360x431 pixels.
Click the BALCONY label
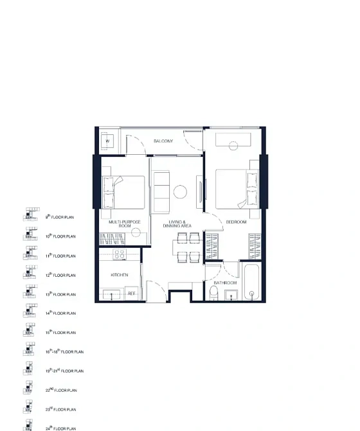(x=163, y=141)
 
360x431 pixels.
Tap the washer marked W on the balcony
(x=107, y=141)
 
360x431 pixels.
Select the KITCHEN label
(x=119, y=275)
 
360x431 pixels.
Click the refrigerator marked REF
(x=132, y=294)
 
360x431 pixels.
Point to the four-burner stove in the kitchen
(x=119, y=255)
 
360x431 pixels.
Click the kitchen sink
(x=113, y=294)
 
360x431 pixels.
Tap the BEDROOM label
(x=236, y=222)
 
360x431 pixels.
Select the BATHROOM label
(x=225, y=283)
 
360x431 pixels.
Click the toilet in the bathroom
(x=214, y=294)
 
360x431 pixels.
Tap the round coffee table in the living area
(x=181, y=191)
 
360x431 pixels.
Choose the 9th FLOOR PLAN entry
(x=61, y=218)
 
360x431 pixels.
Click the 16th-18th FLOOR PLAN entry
(x=64, y=352)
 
